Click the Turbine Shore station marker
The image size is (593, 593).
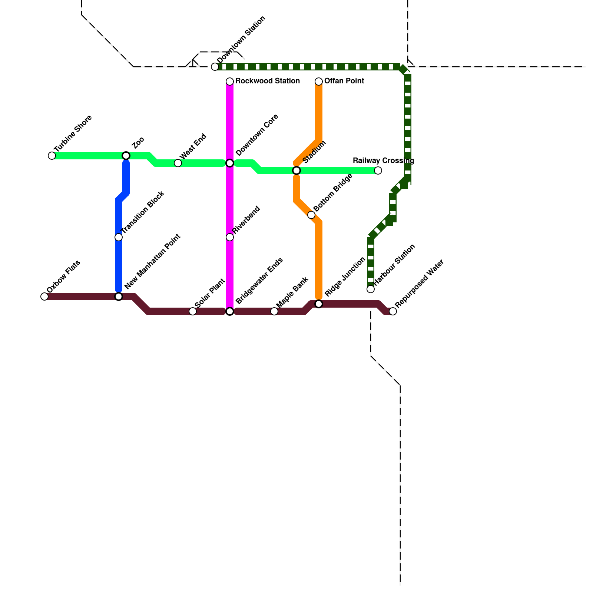(52, 156)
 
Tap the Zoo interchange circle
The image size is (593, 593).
(126, 156)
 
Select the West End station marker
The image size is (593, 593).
(178, 163)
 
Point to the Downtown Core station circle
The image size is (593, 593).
(230, 163)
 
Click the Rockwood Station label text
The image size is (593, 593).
(267, 81)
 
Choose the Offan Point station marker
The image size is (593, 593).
(319, 82)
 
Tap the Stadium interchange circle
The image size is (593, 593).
(296, 170)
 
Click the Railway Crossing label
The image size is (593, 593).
(383, 160)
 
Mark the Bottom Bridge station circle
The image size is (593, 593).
(311, 215)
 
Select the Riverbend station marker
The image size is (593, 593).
(230, 237)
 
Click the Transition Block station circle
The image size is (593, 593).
(119, 237)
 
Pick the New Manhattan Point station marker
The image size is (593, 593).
(119, 296)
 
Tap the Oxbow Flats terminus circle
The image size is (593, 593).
(44, 296)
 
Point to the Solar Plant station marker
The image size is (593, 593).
(193, 311)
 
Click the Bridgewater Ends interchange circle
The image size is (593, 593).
(230, 311)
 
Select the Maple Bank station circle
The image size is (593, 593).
(274, 311)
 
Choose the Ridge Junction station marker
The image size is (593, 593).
(319, 304)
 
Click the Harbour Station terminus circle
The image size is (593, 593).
(371, 289)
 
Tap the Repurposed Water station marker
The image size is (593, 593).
(393, 311)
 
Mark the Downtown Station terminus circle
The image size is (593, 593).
(215, 67)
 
